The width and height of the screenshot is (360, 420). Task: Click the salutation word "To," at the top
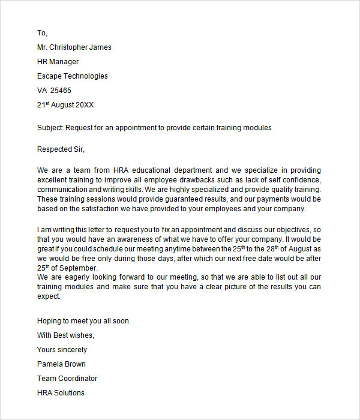click(x=42, y=33)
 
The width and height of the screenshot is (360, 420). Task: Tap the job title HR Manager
click(x=58, y=62)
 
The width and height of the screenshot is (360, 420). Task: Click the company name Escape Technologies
click(x=73, y=76)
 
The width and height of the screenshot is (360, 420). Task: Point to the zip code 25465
click(x=61, y=91)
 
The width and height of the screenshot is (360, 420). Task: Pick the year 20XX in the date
click(x=84, y=105)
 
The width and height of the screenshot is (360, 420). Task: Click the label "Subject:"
click(x=50, y=128)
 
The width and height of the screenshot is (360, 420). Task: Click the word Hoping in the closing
click(x=49, y=321)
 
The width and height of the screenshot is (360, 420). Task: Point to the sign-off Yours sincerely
click(x=62, y=350)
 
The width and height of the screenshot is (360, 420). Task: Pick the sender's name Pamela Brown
click(x=61, y=364)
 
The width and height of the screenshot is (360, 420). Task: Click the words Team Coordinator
click(x=67, y=379)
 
